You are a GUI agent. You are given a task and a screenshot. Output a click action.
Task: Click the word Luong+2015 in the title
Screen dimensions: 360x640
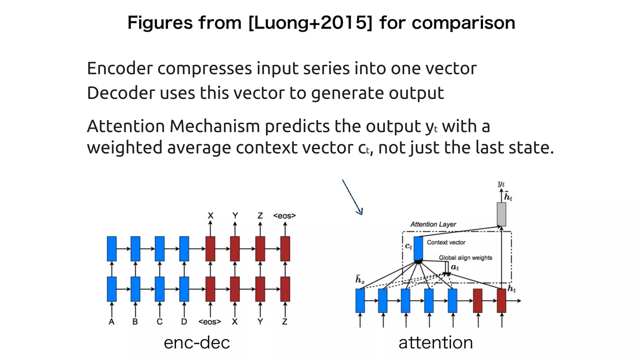coord(310,23)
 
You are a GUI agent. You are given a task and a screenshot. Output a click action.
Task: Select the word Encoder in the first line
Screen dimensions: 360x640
coord(120,68)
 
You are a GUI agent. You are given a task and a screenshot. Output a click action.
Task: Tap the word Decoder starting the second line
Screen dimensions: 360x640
coord(121,93)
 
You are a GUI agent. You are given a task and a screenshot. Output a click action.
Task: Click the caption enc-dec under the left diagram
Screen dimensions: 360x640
coord(197,343)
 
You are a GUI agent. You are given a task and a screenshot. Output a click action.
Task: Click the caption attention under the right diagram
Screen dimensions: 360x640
coord(436,343)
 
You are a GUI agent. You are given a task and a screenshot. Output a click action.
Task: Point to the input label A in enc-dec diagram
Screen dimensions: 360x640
coord(112,322)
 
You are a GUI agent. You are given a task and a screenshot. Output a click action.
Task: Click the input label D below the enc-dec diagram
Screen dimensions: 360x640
coord(184,322)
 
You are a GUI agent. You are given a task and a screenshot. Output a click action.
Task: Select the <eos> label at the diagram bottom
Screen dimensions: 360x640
coord(210,322)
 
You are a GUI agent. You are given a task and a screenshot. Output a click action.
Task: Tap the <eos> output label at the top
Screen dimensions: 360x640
coord(284,216)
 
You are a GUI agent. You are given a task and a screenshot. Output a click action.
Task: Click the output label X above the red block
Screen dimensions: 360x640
coord(210,216)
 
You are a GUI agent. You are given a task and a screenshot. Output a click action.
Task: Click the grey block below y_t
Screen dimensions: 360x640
coord(501,214)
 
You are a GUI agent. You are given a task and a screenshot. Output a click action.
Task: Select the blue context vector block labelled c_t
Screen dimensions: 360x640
coord(418,248)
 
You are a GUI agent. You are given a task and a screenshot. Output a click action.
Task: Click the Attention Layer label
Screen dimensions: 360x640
coord(433,224)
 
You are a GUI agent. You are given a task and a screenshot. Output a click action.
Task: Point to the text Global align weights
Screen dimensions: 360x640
coord(465,258)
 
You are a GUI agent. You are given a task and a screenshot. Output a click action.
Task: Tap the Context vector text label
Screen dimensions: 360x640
coord(446,242)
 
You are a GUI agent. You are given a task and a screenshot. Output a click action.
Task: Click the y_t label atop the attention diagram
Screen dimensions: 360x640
coord(501,184)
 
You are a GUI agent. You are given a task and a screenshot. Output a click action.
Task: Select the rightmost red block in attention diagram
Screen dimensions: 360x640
coord(501,301)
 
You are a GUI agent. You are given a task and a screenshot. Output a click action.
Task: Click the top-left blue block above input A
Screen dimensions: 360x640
coord(112,249)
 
